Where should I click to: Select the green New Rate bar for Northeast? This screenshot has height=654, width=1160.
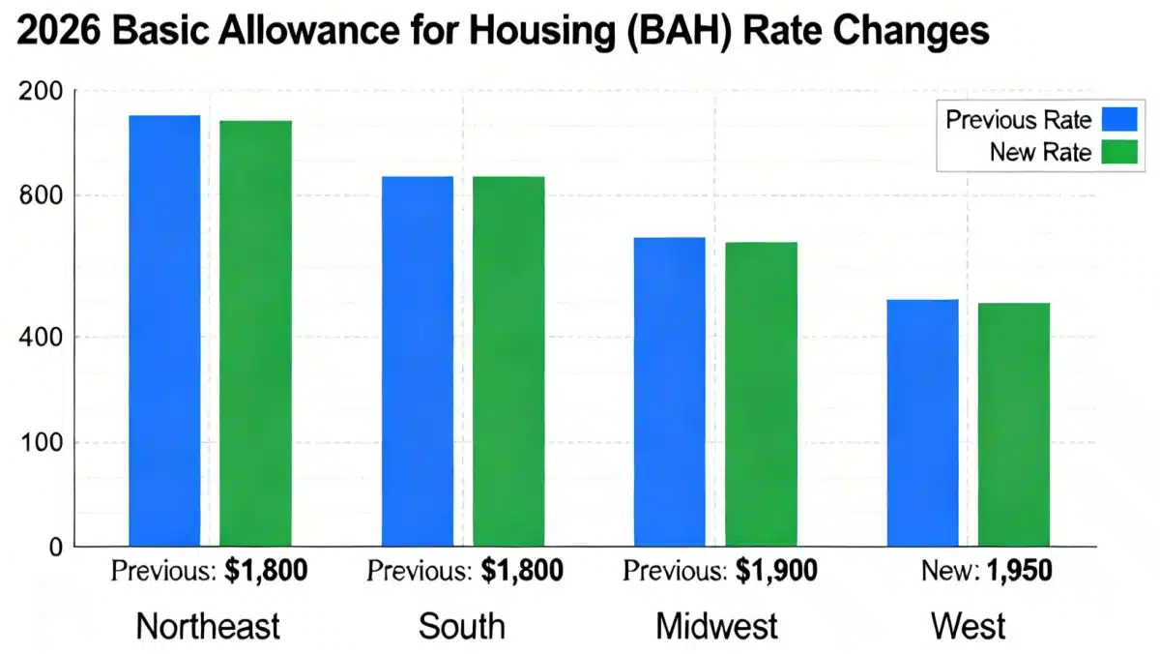pos(255,334)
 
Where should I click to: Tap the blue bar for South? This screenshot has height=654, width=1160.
pos(417,362)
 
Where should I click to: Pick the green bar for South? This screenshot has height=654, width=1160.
pos(508,362)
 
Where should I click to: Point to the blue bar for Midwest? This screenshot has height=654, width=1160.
pos(669,392)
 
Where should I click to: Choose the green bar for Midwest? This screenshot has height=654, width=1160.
pos(761,395)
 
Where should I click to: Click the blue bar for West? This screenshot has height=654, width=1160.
pos(922,424)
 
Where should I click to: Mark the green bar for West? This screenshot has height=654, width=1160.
pos(1013,426)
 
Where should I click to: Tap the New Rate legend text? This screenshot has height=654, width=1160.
pos(1040,152)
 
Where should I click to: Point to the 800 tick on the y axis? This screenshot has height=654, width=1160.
pos(42,196)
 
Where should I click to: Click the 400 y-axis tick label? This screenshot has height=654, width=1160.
pos(42,337)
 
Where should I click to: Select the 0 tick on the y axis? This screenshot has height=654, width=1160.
pos(54,548)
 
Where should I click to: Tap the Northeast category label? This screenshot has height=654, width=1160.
pos(208,626)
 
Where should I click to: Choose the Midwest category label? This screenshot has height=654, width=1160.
pos(716,626)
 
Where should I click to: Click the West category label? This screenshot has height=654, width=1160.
pos(968,626)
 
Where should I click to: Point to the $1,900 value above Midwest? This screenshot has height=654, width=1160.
pos(776,571)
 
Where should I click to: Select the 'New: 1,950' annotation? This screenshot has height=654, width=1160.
pos(987,571)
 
